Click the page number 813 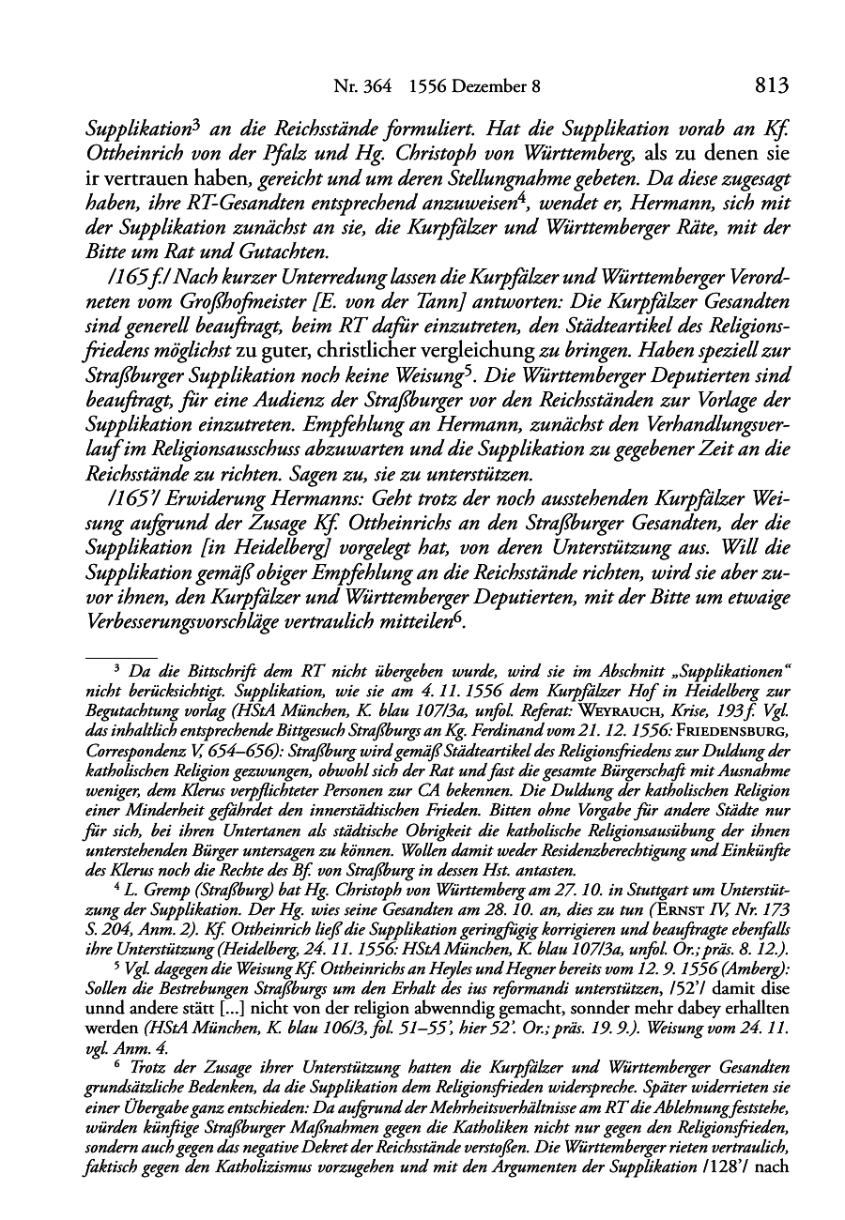click(770, 86)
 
